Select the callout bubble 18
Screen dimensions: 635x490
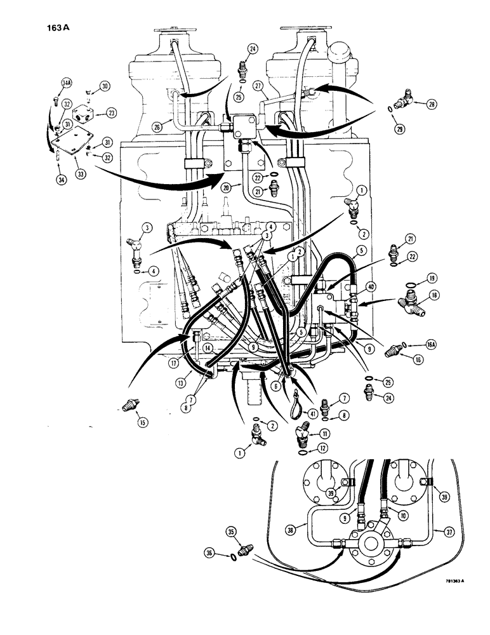pos(435,295)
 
